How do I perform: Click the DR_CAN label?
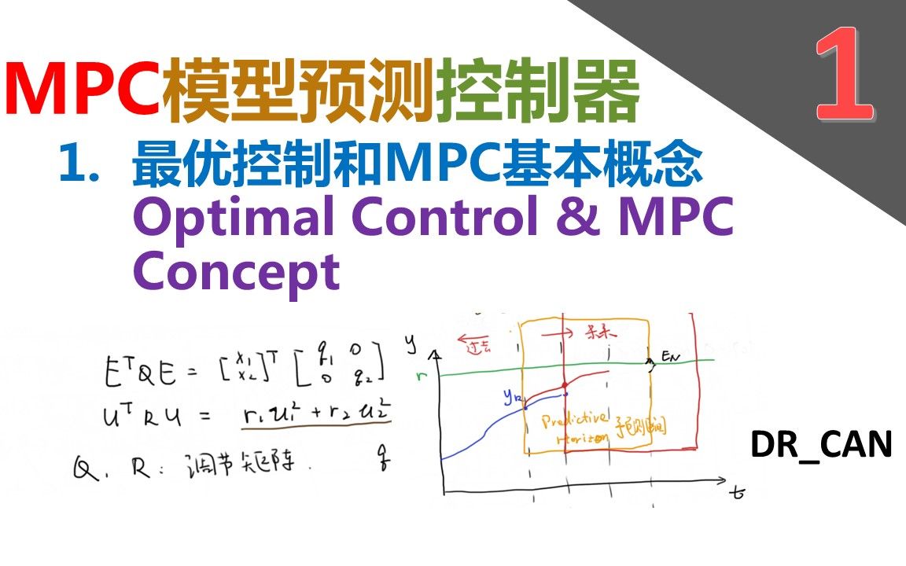pyautogui.click(x=821, y=446)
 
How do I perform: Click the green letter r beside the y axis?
pyautogui.click(x=423, y=376)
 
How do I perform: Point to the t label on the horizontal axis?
pyautogui.click(x=737, y=494)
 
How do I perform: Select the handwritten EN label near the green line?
pyautogui.click(x=669, y=359)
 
